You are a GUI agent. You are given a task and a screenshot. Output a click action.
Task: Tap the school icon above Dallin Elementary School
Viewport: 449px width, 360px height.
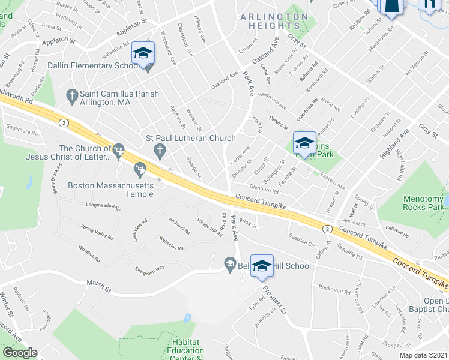[143, 53]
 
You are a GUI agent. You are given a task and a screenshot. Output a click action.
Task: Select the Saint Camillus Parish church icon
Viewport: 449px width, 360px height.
[71, 95]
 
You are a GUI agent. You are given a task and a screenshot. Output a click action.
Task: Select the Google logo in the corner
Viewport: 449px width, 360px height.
[20, 353]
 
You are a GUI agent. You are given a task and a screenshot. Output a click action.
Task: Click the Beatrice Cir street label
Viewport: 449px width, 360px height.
[302, 240]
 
